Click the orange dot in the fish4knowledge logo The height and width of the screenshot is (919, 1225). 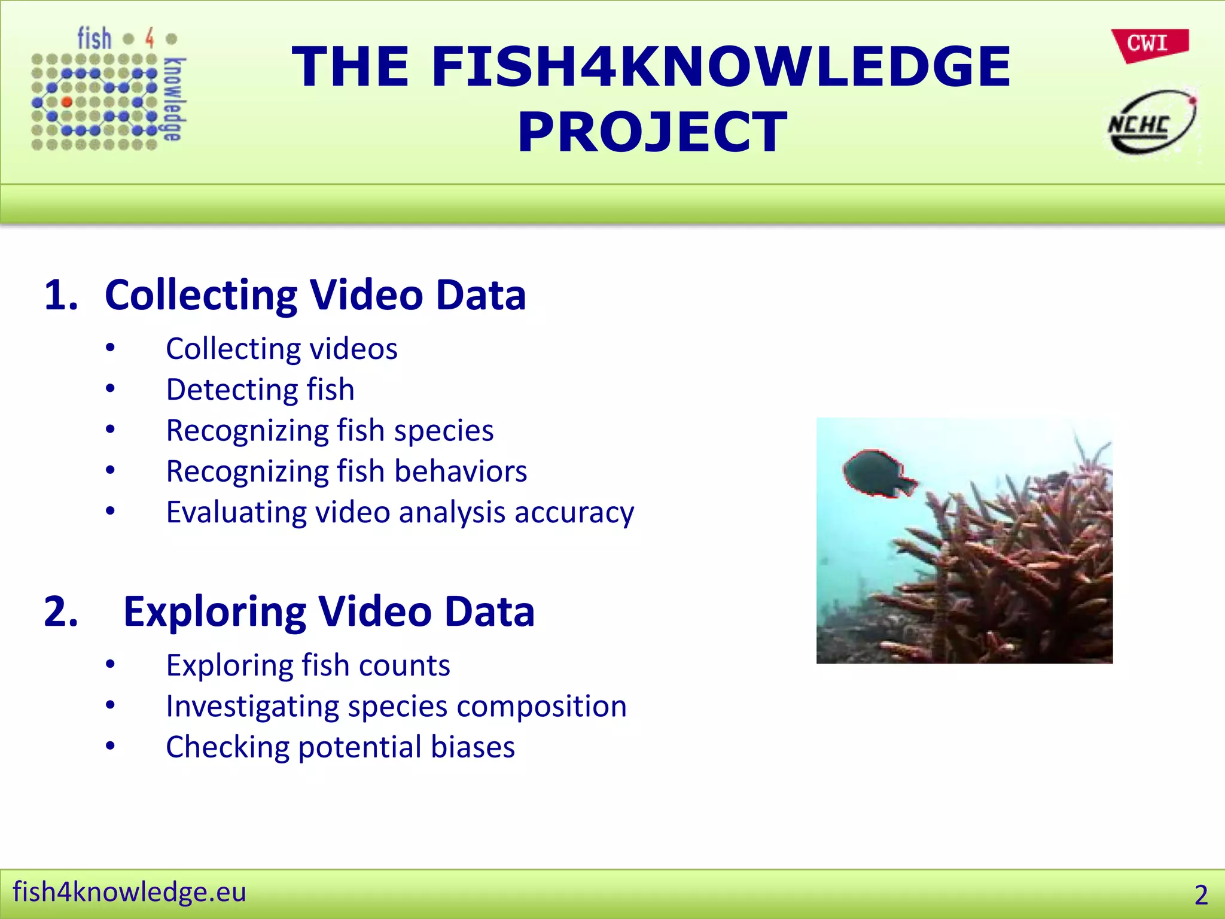click(67, 102)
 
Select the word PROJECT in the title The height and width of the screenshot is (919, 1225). click(652, 132)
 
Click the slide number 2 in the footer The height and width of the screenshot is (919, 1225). click(1201, 895)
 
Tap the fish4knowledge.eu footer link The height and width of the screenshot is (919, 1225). click(129, 891)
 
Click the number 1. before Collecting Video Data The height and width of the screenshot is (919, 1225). click(61, 295)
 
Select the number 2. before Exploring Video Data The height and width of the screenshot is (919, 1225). click(61, 611)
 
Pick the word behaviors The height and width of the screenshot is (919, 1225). click(461, 471)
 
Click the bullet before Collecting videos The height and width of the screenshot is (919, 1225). click(110, 348)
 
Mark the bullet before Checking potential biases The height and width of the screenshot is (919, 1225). click(110, 746)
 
